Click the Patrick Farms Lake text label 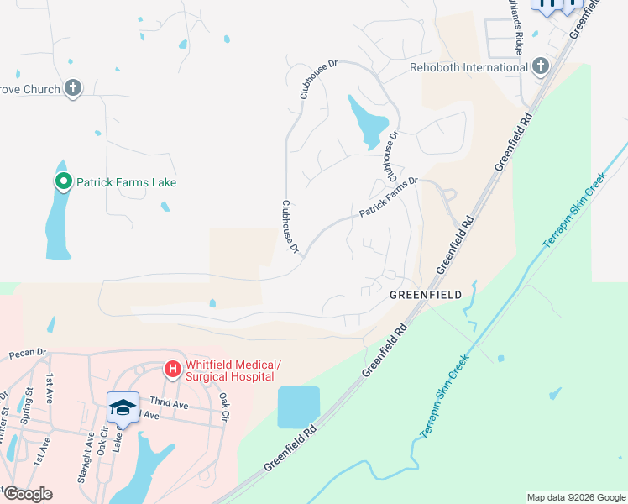126,181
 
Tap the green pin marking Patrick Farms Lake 62,181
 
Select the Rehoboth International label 468,67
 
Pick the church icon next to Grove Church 73,88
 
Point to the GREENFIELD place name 426,296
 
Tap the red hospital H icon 172,369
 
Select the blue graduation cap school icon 123,407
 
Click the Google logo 28,494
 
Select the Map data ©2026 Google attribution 576,497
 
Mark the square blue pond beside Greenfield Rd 299,407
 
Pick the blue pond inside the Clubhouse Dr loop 369,123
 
